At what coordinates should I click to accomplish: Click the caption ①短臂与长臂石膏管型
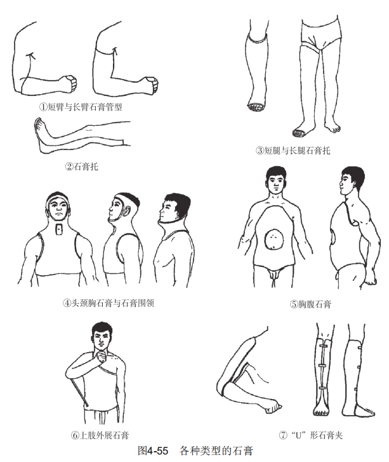point(81,107)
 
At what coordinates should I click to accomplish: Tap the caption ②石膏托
point(81,166)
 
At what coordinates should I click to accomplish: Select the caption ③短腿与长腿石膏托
point(293,151)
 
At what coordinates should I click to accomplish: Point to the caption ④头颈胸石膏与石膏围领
point(109,303)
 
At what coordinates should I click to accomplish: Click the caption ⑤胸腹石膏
point(311,304)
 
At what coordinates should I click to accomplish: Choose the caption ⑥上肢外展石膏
point(100,435)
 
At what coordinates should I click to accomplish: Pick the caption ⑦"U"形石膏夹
point(311,435)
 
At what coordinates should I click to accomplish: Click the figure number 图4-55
point(153,451)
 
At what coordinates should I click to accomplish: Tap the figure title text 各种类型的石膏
point(216,451)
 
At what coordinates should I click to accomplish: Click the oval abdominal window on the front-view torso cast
point(274,239)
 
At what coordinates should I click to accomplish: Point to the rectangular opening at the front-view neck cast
point(60,229)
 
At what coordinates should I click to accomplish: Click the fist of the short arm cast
point(70,83)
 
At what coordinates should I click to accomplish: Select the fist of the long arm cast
point(152,85)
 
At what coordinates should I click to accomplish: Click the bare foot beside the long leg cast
point(333,127)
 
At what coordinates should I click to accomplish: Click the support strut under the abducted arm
point(79,392)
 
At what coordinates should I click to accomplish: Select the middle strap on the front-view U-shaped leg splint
point(323,365)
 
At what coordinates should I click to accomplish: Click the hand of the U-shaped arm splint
point(273,407)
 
